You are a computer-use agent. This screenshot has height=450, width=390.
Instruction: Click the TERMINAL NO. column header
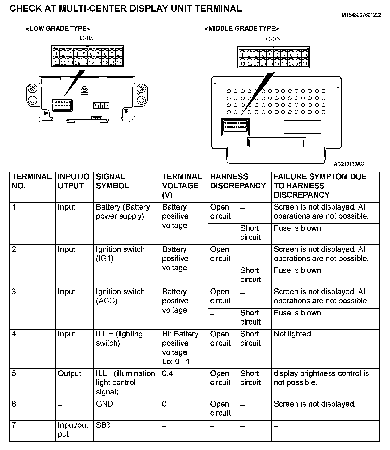[32, 181]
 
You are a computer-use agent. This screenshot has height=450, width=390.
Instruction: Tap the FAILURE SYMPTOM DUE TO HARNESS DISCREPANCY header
[320, 186]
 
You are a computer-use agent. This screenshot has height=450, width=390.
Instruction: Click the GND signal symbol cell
[104, 404]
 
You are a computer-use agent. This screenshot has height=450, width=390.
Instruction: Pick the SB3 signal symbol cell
[103, 425]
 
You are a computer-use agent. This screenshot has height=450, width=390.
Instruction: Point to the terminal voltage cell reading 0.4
[168, 374]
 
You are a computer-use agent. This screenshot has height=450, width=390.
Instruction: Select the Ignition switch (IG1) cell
[120, 254]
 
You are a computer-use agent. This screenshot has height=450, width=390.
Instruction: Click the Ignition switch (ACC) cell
[120, 296]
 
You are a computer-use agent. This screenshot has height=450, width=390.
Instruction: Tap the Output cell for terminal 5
[69, 374]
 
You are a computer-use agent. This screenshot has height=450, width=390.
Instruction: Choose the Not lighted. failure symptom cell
[293, 334]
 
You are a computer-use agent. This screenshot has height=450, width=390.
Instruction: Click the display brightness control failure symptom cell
[321, 378]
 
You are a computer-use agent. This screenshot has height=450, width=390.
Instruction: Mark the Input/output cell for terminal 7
[73, 429]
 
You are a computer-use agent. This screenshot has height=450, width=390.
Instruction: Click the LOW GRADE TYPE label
[58, 29]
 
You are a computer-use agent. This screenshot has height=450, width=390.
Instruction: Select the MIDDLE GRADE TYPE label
[242, 29]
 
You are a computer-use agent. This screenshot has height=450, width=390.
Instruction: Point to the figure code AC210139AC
[349, 164]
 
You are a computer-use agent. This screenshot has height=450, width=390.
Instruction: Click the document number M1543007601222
[361, 15]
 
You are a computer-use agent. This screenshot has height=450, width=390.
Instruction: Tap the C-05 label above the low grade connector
[87, 38]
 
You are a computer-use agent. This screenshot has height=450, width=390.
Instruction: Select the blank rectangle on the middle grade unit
[302, 127]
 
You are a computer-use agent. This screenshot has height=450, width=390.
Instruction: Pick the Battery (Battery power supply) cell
[123, 212]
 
